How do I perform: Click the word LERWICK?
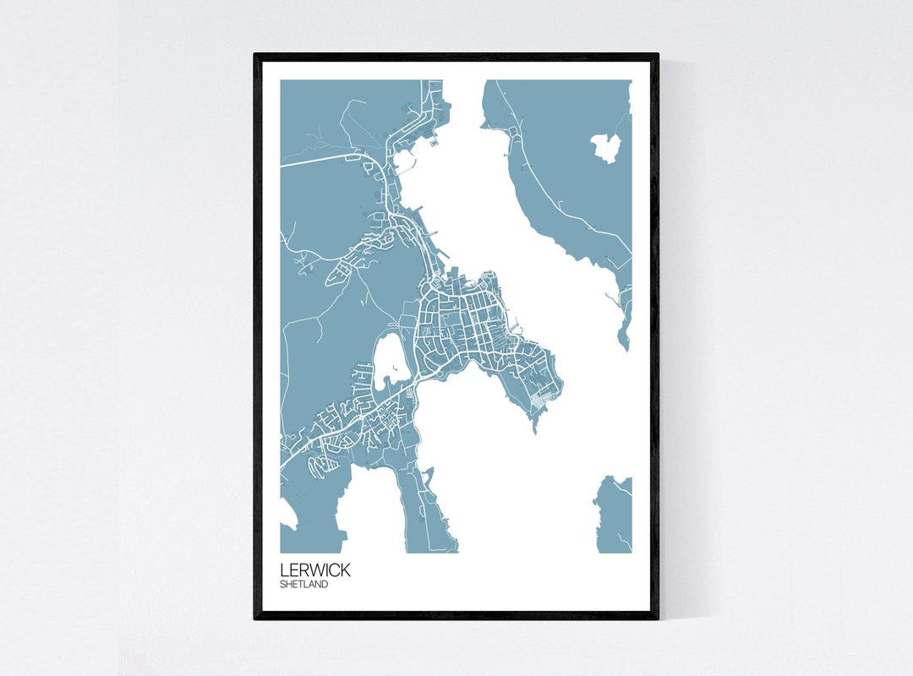click(314, 570)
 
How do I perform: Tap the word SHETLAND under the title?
click(304, 584)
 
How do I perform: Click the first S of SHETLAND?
click(283, 584)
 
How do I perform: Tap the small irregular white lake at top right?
click(606, 148)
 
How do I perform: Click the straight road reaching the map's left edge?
click(321, 160)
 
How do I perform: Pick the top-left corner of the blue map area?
click(281, 80)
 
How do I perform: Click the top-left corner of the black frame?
click(255, 54)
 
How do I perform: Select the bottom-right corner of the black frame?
click(658, 619)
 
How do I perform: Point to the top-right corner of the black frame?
click(658, 54)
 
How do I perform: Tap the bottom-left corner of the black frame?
click(255, 619)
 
